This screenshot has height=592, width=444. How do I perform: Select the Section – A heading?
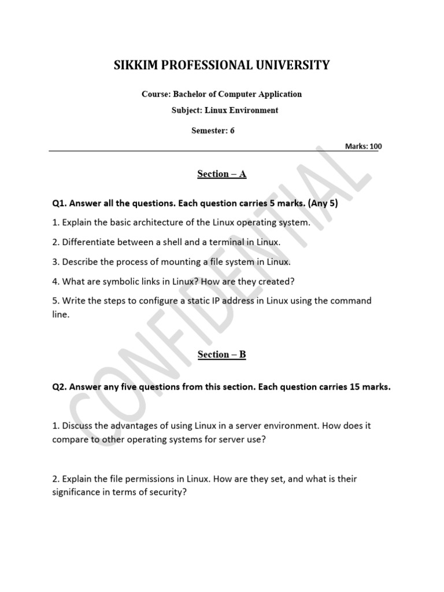click(x=222, y=174)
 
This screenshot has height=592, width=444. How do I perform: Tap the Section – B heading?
click(x=222, y=354)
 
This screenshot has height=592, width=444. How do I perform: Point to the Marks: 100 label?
click(x=363, y=146)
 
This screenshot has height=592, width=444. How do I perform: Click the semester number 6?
click(x=232, y=131)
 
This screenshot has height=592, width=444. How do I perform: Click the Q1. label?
click(x=60, y=203)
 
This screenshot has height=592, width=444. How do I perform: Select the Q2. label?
click(x=60, y=387)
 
